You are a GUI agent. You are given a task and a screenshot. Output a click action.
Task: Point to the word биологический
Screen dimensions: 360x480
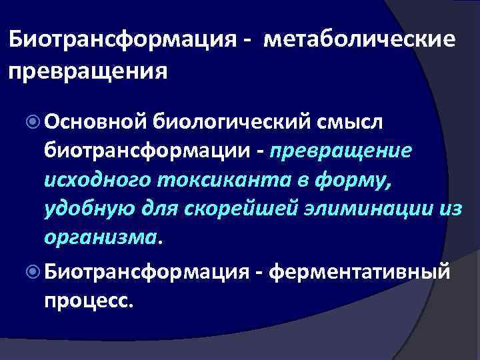pyautogui.click(x=227, y=121)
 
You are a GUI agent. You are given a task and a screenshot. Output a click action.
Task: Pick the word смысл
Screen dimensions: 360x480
pyautogui.click(x=346, y=121)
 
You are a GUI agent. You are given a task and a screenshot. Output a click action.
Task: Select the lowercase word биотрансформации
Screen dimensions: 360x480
pyautogui.click(x=151, y=151)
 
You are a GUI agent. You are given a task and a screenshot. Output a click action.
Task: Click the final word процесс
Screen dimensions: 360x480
pyautogui.click(x=88, y=301)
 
